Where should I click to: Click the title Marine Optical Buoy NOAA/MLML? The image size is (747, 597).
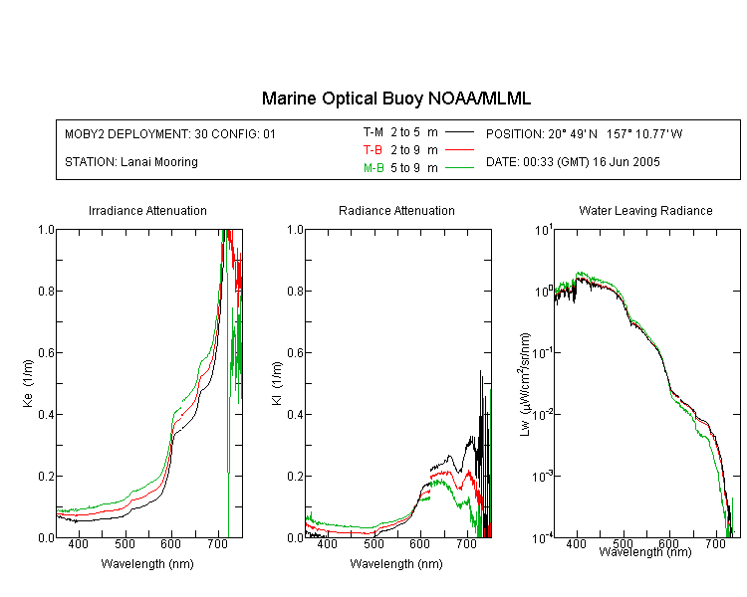point(395,99)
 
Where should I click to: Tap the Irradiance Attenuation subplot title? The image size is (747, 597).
point(147,211)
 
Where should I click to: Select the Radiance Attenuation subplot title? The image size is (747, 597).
point(396,211)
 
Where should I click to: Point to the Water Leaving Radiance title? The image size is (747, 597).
point(645,211)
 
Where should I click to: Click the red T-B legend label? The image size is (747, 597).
point(373,150)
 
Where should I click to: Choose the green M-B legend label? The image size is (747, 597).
point(373,168)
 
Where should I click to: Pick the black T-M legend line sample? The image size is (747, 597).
point(459,132)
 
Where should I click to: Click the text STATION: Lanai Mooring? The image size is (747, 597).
point(131,162)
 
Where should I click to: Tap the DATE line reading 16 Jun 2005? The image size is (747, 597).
point(573,162)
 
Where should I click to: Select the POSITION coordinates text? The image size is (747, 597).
point(584,134)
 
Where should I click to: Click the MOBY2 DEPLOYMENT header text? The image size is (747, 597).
point(170,134)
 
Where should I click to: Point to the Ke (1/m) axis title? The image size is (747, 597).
point(28,384)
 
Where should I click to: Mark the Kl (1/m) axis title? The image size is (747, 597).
point(277,384)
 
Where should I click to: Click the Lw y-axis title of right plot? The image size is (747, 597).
point(525,385)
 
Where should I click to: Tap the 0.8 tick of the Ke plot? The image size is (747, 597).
point(46,291)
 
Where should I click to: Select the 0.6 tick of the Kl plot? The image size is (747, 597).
point(296,353)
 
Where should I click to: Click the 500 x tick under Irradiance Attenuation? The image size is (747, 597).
point(124,543)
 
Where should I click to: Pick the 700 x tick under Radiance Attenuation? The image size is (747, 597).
point(467,543)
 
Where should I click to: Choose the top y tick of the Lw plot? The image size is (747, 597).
point(544,231)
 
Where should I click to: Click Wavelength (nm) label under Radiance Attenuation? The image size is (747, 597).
point(396,564)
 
